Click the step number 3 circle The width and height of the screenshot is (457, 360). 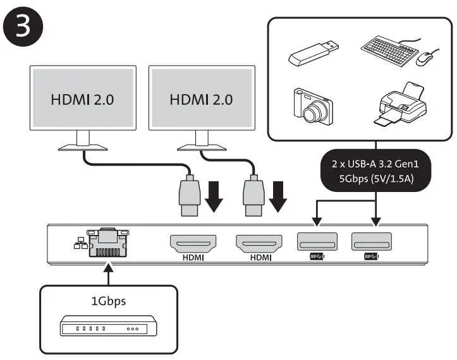tap(23, 27)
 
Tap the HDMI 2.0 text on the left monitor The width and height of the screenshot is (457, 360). tap(82, 100)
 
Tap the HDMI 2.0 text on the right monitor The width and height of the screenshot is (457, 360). tap(202, 100)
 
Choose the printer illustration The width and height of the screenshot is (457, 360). tap(401, 104)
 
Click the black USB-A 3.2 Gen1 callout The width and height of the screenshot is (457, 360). tap(375, 171)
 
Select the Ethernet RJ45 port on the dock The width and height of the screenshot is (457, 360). tap(108, 243)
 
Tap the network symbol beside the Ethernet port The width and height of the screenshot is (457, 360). tap(80, 243)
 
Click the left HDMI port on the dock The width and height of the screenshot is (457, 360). tap(193, 244)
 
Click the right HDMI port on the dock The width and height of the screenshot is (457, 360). tap(259, 244)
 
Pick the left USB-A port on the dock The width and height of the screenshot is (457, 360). tap(317, 241)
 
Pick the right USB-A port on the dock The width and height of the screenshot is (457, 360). tap(372, 241)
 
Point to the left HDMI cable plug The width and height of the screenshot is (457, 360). tap(190, 195)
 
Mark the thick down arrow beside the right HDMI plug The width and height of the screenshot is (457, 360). tap(277, 196)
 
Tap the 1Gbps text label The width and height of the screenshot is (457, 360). tap(109, 301)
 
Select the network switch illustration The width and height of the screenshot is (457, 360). tap(109, 326)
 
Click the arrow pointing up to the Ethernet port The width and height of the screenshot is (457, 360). tap(109, 273)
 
